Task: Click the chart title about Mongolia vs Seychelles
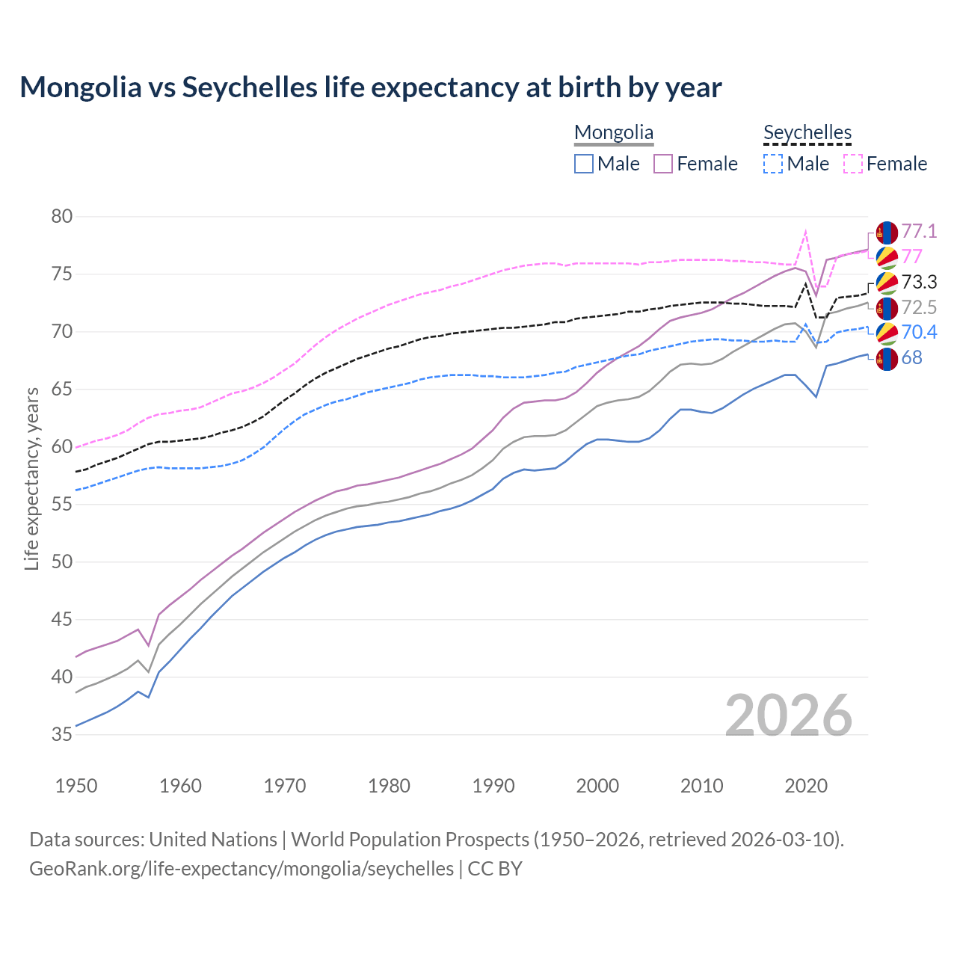coord(370,87)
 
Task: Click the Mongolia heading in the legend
coord(614,133)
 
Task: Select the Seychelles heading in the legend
coord(807,133)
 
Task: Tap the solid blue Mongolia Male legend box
coord(584,164)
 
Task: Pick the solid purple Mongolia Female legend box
coord(664,164)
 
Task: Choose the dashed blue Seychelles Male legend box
coord(773,164)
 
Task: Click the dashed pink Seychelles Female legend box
coord(853,164)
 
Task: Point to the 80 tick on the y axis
coord(62,217)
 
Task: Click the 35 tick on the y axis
coord(62,735)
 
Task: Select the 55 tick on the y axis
coord(62,505)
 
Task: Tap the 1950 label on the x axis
coord(76,786)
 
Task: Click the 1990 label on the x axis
coord(493,786)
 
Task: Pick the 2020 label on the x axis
coord(806,786)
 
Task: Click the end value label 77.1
coord(919,232)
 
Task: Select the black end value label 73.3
coord(919,282)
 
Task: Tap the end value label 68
coord(911,358)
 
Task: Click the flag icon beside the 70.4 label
coord(887,333)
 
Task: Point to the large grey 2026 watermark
coord(789,716)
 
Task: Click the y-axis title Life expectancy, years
coord(32,478)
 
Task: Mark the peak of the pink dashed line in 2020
coord(806,231)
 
